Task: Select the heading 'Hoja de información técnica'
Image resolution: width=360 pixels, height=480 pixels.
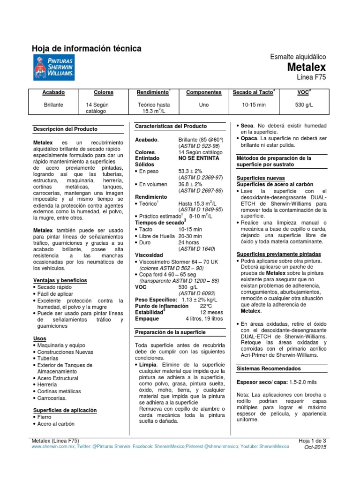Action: [86, 49]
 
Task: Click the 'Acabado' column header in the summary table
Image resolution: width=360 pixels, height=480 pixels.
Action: [53, 93]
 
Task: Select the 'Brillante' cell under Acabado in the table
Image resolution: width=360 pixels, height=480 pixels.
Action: [53, 105]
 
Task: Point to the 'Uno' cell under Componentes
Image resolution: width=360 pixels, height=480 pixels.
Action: [203, 105]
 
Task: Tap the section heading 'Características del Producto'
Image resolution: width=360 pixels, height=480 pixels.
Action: [171, 127]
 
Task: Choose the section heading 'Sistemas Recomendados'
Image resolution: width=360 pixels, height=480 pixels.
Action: [267, 368]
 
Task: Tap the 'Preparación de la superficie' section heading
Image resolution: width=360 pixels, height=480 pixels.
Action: [170, 332]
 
